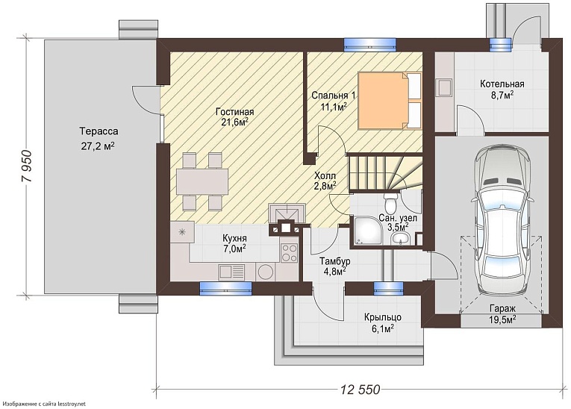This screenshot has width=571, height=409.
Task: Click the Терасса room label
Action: [x=99, y=131]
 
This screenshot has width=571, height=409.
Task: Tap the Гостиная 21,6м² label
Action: [x=234, y=116]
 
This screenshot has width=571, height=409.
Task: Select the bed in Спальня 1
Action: [x=390, y=101]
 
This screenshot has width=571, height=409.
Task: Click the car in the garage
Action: [x=502, y=222]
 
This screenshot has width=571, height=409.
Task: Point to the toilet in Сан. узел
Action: [x=391, y=203]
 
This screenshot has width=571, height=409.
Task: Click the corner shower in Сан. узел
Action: [x=366, y=230]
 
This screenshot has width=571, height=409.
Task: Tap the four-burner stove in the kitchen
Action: [x=289, y=252]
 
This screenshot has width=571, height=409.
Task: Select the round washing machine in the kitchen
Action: [x=265, y=272]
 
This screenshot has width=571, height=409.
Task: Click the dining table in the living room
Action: [x=202, y=181]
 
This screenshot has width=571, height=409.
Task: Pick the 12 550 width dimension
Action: [x=361, y=390]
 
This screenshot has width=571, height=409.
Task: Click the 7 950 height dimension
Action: [x=27, y=166]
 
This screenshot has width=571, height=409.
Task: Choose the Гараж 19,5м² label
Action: [x=502, y=314]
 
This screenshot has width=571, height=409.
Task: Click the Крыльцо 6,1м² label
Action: [x=383, y=322]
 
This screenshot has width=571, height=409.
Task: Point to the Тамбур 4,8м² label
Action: [x=334, y=266]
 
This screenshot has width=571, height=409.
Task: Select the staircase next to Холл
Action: [x=385, y=172]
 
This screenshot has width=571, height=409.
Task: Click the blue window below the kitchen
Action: [x=225, y=289]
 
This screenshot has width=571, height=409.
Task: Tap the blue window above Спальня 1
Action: [x=370, y=44]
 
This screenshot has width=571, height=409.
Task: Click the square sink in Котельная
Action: [x=445, y=87]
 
